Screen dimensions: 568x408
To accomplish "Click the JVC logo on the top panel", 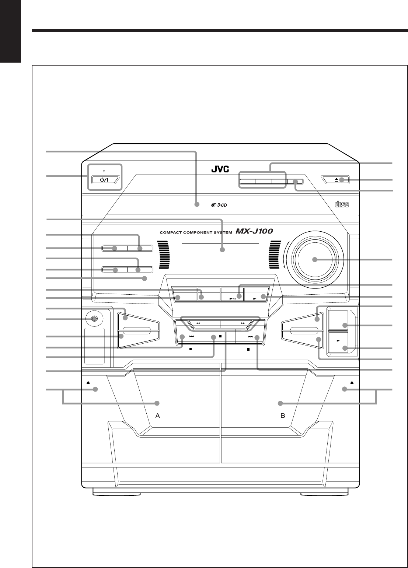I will click(x=220, y=170).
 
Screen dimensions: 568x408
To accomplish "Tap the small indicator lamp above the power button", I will click(x=104, y=171).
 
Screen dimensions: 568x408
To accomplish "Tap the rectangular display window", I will click(x=220, y=252).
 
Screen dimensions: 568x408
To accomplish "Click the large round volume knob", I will click(x=314, y=259).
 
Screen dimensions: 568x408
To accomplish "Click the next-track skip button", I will click(x=250, y=337).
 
